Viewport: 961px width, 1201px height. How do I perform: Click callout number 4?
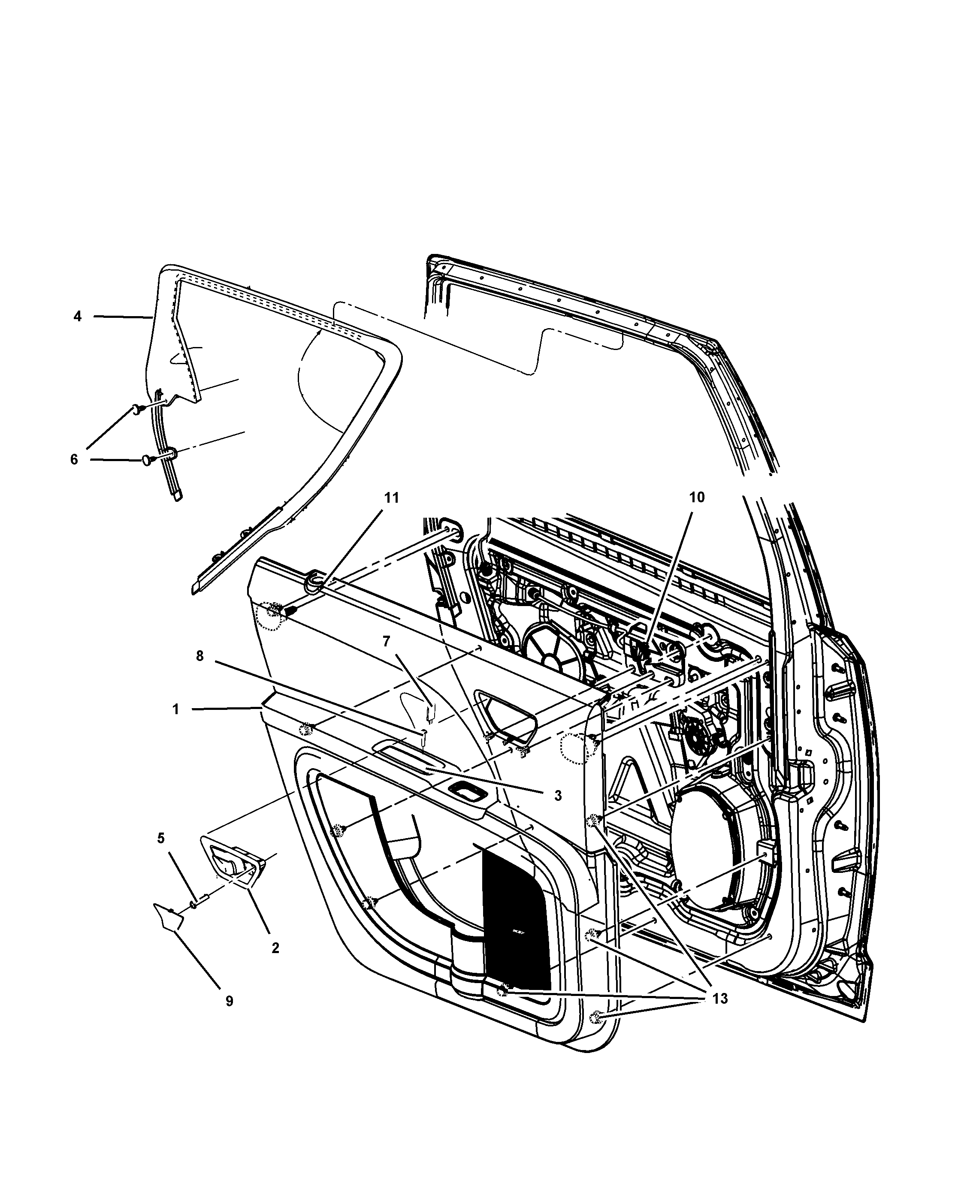click(77, 317)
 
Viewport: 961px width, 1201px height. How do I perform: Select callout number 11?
click(392, 498)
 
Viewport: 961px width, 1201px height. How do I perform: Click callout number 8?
click(200, 656)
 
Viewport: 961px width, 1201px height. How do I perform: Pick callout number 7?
click(386, 641)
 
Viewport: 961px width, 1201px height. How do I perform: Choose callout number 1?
click(175, 709)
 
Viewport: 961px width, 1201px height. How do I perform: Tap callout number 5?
click(161, 854)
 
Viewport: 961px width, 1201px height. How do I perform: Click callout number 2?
click(275, 948)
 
